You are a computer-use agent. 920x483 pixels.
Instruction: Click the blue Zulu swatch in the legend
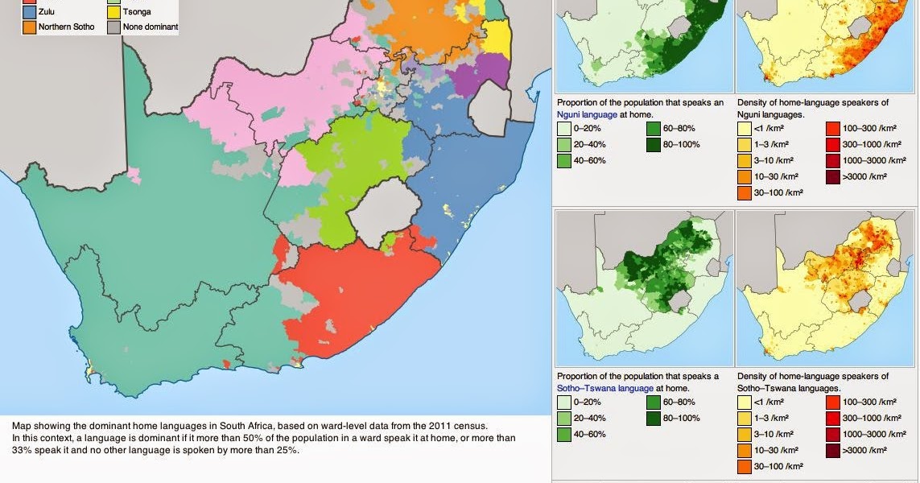click(x=30, y=12)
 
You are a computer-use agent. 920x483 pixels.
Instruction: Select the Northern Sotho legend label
click(x=66, y=27)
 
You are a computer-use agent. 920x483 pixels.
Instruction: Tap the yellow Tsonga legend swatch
click(x=113, y=12)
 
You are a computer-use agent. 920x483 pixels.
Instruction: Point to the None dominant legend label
click(x=151, y=27)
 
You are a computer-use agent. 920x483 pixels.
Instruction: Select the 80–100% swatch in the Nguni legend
click(x=654, y=145)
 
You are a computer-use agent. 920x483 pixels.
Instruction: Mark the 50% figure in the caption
click(x=272, y=438)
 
